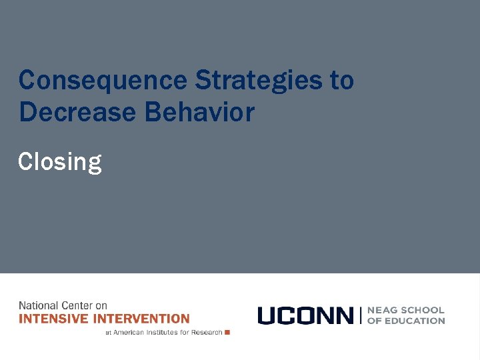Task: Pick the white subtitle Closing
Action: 60,161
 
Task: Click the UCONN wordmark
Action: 305,315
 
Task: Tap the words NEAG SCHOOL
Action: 406,310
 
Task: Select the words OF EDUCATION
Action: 406,321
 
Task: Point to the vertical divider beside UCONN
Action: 360,315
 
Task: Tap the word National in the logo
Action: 38,305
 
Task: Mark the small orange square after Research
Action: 227,332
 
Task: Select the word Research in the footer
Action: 207,332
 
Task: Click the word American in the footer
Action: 130,332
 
